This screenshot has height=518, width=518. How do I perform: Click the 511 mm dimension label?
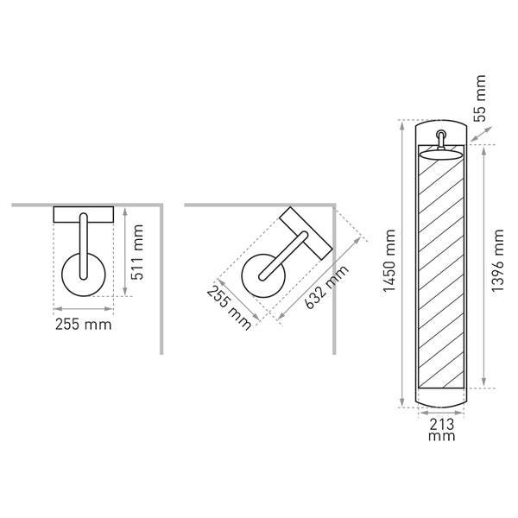click(137, 252)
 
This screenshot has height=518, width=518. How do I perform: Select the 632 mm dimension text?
click(326, 287)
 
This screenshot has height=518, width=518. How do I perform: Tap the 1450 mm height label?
click(389, 261)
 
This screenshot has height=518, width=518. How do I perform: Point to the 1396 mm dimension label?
click(497, 261)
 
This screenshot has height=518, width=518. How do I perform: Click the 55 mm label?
click(480, 98)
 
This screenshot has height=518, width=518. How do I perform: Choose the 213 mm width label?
click(442, 429)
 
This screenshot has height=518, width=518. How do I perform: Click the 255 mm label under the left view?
click(83, 325)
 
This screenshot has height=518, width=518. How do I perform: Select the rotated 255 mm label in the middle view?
click(229, 308)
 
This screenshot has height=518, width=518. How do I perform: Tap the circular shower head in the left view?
click(84, 275)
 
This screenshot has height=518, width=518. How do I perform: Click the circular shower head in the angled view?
click(263, 275)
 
